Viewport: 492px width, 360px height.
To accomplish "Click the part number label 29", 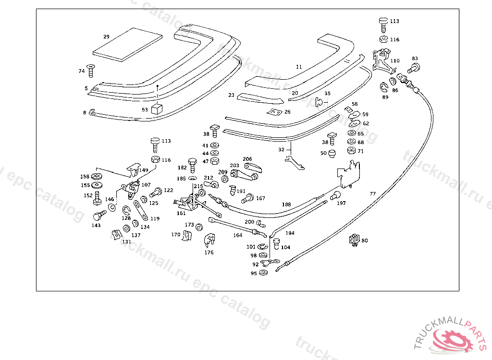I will [x=106, y=36].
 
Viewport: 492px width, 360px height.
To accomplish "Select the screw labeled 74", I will [x=91, y=71].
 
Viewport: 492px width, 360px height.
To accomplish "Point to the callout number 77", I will [x=373, y=194].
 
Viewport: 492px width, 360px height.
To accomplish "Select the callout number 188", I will [x=286, y=204].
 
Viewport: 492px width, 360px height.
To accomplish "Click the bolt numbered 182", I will [x=193, y=165].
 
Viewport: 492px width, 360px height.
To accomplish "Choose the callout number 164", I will [x=238, y=235].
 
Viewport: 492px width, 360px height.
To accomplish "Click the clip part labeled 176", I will [x=209, y=240].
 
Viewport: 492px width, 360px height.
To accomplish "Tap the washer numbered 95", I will [x=263, y=273].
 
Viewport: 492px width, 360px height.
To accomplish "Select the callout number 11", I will [x=299, y=67].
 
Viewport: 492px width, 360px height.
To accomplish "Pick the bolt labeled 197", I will [x=335, y=195].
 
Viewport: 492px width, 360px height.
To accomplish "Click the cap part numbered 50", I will [x=331, y=154].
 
